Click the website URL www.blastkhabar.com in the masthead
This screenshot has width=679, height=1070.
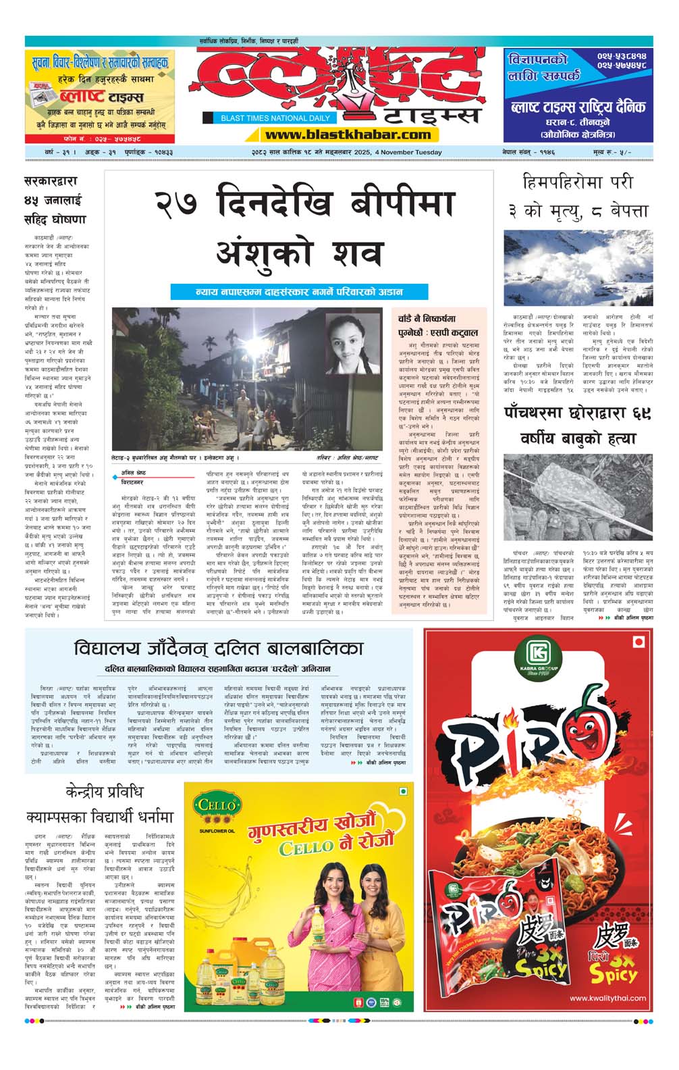pos(347,134)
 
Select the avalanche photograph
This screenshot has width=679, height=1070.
pos(578,268)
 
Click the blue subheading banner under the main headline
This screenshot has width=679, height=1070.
pos(299,292)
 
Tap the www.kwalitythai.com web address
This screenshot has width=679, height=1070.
pos(607,998)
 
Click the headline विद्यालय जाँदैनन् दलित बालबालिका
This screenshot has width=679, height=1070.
pos(219,648)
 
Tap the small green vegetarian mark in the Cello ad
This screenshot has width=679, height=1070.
pos(403,791)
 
